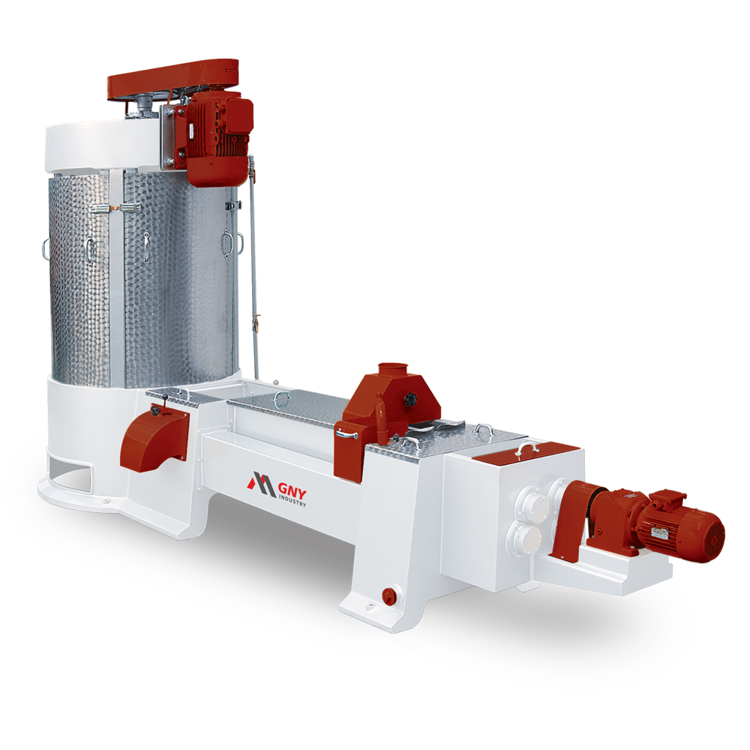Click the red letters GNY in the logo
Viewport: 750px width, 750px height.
(x=292, y=490)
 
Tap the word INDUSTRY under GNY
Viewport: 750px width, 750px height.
(x=292, y=499)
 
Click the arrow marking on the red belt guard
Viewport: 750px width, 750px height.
(x=231, y=70)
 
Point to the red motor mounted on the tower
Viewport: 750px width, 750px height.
(x=217, y=136)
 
